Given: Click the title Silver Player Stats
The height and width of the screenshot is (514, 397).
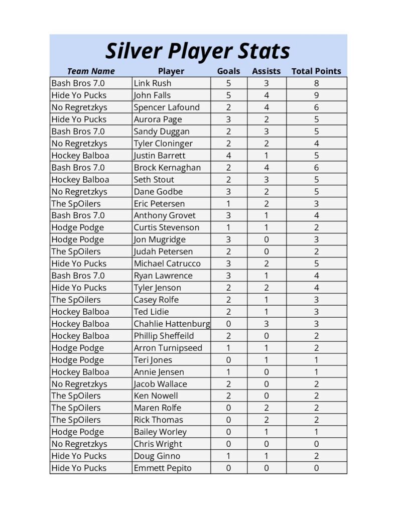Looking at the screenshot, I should tap(198, 51).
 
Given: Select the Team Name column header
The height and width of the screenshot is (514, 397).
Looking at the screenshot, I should tap(91, 71).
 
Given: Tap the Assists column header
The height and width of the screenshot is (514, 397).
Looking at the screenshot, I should tap(266, 71).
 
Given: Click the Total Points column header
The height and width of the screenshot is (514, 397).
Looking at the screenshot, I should tap(316, 71).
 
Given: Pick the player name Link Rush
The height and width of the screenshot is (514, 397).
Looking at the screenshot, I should tap(152, 83).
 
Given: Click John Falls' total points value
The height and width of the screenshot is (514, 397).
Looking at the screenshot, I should tap(316, 95).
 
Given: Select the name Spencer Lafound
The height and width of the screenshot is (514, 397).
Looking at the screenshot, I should tap(166, 107).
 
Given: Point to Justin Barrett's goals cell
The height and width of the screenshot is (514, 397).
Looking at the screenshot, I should tap(228, 156).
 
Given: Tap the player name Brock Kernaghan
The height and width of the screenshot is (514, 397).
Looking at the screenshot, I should tap(167, 168).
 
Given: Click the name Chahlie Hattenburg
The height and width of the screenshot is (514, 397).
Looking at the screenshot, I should tap(172, 324).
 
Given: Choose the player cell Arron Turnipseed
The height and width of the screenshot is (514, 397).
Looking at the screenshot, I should tap(168, 348).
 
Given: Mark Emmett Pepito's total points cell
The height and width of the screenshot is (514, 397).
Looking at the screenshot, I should tap(316, 468).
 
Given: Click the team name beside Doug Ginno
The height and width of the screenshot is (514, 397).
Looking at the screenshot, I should tap(79, 456).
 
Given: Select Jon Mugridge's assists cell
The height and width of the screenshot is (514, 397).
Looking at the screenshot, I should tap(266, 239).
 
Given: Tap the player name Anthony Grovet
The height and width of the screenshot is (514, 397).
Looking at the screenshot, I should tap(164, 215).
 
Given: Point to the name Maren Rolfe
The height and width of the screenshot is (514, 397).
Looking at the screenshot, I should tap(157, 408).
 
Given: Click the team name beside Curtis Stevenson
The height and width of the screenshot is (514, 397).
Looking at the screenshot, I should tap(77, 227).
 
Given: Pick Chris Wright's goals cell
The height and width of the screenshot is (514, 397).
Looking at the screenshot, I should tap(228, 444).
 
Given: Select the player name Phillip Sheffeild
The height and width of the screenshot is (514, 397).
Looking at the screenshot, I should tap(163, 336).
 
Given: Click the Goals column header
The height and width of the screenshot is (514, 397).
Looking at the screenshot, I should tap(228, 71).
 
